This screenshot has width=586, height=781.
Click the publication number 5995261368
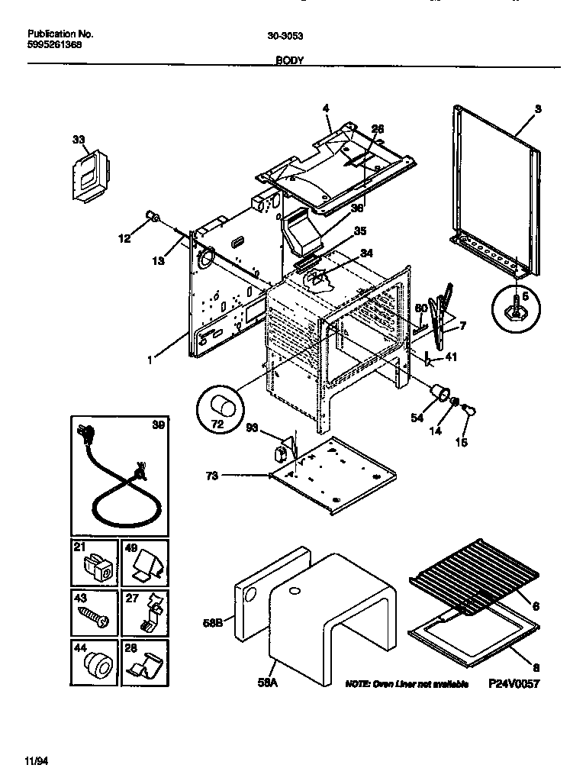click(56, 45)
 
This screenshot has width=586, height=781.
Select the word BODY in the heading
click(290, 59)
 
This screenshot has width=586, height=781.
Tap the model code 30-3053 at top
click(284, 34)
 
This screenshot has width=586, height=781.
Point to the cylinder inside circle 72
click(223, 404)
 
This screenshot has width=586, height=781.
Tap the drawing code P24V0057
click(514, 684)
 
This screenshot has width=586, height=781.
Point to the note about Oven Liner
click(406, 684)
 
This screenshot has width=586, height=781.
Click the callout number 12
click(124, 239)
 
